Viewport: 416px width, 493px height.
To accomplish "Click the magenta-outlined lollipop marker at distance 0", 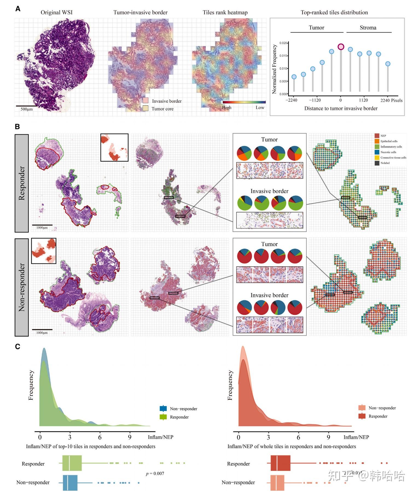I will pos(341,47).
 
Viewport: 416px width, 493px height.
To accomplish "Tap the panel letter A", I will pos(18,9).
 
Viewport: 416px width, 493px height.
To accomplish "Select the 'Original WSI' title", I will pos(57,13).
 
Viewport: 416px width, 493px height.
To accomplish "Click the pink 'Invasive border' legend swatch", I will pos(146,101).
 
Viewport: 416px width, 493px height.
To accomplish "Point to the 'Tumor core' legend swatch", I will pos(146,108).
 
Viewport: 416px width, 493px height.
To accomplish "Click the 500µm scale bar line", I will pos(27,106).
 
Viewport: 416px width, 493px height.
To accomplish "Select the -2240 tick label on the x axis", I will pos(291,100).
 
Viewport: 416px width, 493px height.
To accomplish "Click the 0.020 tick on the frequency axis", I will pos(283,43).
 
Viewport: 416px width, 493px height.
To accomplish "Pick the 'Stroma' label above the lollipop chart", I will pos(368,28).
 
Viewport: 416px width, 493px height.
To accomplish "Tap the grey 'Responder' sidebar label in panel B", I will pos(22,183).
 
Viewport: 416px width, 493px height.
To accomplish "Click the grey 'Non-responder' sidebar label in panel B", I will pos(22,287).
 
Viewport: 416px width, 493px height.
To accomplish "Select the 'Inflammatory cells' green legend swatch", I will pos(377,147).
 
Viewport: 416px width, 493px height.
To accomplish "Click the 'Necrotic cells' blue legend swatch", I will pos(377,152).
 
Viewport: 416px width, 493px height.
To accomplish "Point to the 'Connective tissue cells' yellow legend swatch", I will pos(377,158).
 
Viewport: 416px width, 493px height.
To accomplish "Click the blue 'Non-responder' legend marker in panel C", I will pos(163,409).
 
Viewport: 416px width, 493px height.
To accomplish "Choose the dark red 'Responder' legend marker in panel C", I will pos(362,416).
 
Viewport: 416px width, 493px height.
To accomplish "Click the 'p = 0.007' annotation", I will pos(155,474).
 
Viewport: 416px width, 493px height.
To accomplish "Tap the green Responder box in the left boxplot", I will pos(72,463).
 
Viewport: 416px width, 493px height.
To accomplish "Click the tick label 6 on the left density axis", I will pos(100,437).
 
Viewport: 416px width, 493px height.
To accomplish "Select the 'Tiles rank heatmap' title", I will pos(225,13).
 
